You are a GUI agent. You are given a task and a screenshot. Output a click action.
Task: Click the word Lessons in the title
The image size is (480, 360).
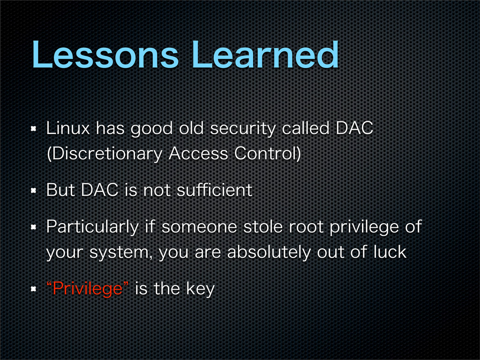click(x=105, y=55)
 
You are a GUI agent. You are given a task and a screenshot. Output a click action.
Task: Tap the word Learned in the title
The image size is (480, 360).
click(x=265, y=55)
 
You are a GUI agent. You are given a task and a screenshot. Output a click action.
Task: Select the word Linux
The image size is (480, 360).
click(x=67, y=128)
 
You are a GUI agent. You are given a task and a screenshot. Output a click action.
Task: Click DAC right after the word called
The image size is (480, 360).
click(x=354, y=128)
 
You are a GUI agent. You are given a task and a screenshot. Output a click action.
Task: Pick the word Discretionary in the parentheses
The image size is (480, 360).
click(x=104, y=154)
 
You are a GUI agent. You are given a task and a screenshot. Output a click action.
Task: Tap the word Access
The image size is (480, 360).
click(x=198, y=153)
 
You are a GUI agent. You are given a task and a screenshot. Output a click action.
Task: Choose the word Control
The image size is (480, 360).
click(x=265, y=153)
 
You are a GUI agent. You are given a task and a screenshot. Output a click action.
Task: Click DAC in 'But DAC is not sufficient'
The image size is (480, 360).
click(x=100, y=190)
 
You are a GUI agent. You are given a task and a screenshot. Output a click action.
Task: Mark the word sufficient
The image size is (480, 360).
click(x=214, y=190)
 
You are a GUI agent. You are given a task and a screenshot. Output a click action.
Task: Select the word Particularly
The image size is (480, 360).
click(x=92, y=227)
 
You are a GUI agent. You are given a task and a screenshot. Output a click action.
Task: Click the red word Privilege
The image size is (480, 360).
click(x=88, y=289)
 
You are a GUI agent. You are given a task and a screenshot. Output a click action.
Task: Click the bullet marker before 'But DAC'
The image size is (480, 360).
click(x=34, y=191)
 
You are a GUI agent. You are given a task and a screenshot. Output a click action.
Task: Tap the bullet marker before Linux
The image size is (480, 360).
click(x=34, y=128)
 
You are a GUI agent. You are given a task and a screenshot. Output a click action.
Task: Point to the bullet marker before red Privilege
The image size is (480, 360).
click(x=34, y=289)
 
